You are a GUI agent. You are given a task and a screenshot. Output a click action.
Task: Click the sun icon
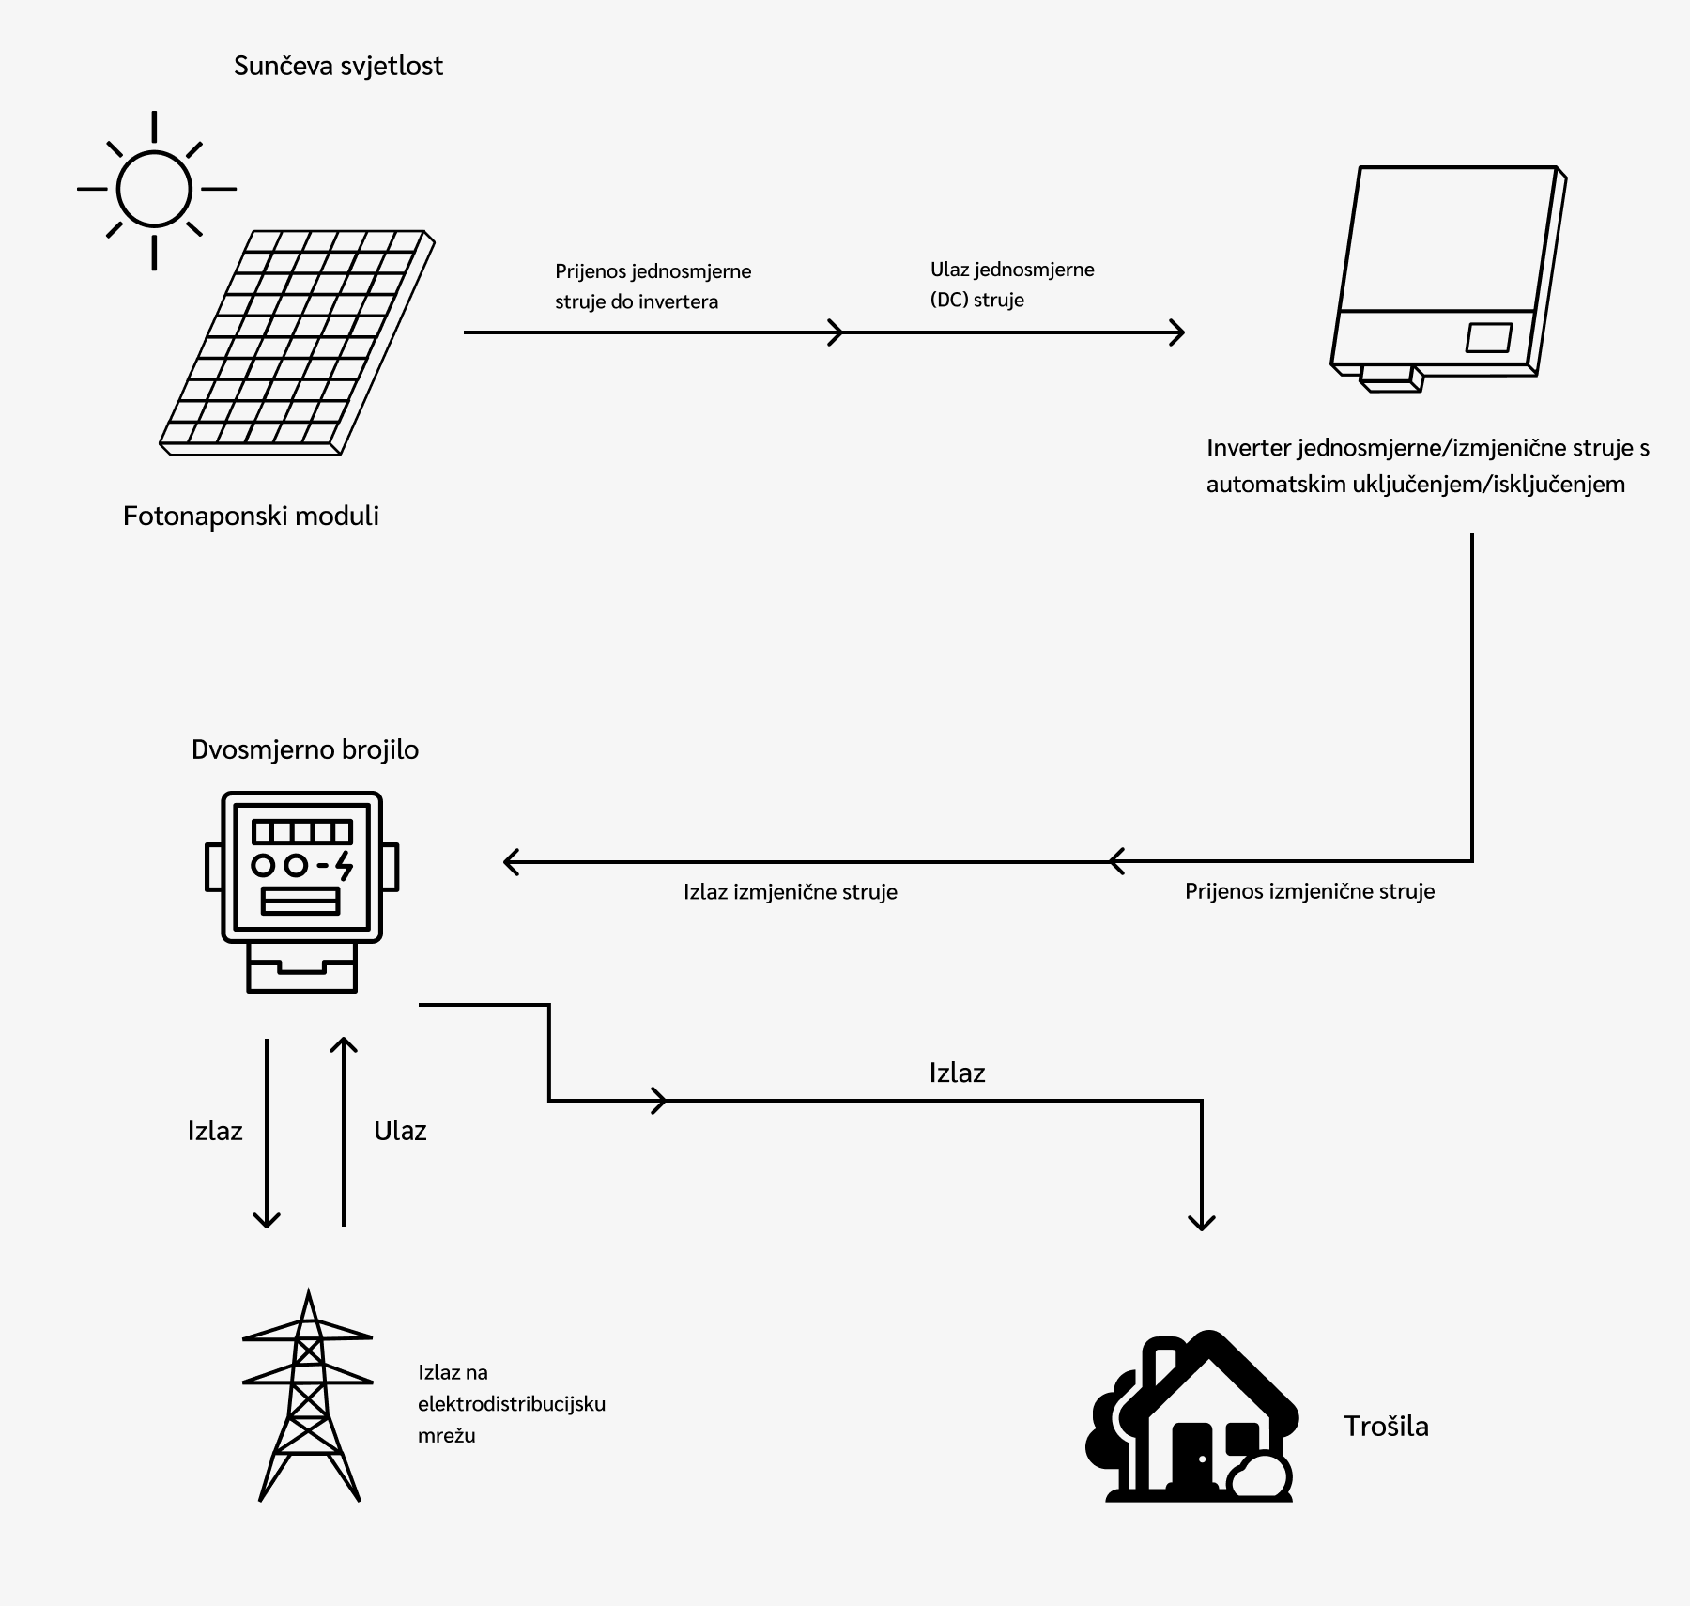pyautogui.click(x=154, y=189)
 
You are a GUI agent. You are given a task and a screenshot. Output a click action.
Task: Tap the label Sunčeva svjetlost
pyautogui.click(x=338, y=66)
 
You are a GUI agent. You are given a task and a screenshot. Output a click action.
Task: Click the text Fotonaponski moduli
pyautogui.click(x=251, y=516)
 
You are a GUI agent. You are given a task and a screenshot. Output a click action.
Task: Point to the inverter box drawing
pyautogui.click(x=1446, y=274)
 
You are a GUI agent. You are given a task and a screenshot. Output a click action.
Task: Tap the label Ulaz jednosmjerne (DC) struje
pyautogui.click(x=1012, y=284)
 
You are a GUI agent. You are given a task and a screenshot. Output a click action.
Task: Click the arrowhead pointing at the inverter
pyautogui.click(x=1178, y=332)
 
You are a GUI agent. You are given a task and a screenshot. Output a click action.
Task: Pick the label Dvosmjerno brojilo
pyautogui.click(x=305, y=750)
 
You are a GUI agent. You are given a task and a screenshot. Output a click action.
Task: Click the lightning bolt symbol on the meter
pyautogui.click(x=344, y=865)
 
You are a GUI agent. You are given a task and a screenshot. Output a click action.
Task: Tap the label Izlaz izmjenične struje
pyautogui.click(x=790, y=892)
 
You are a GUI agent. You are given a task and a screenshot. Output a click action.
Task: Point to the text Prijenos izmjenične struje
pyautogui.click(x=1309, y=891)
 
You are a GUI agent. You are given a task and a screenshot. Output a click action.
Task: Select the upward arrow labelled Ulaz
pyautogui.click(x=343, y=1130)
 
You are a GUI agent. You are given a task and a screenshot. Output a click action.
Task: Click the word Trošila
pyautogui.click(x=1385, y=1426)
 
